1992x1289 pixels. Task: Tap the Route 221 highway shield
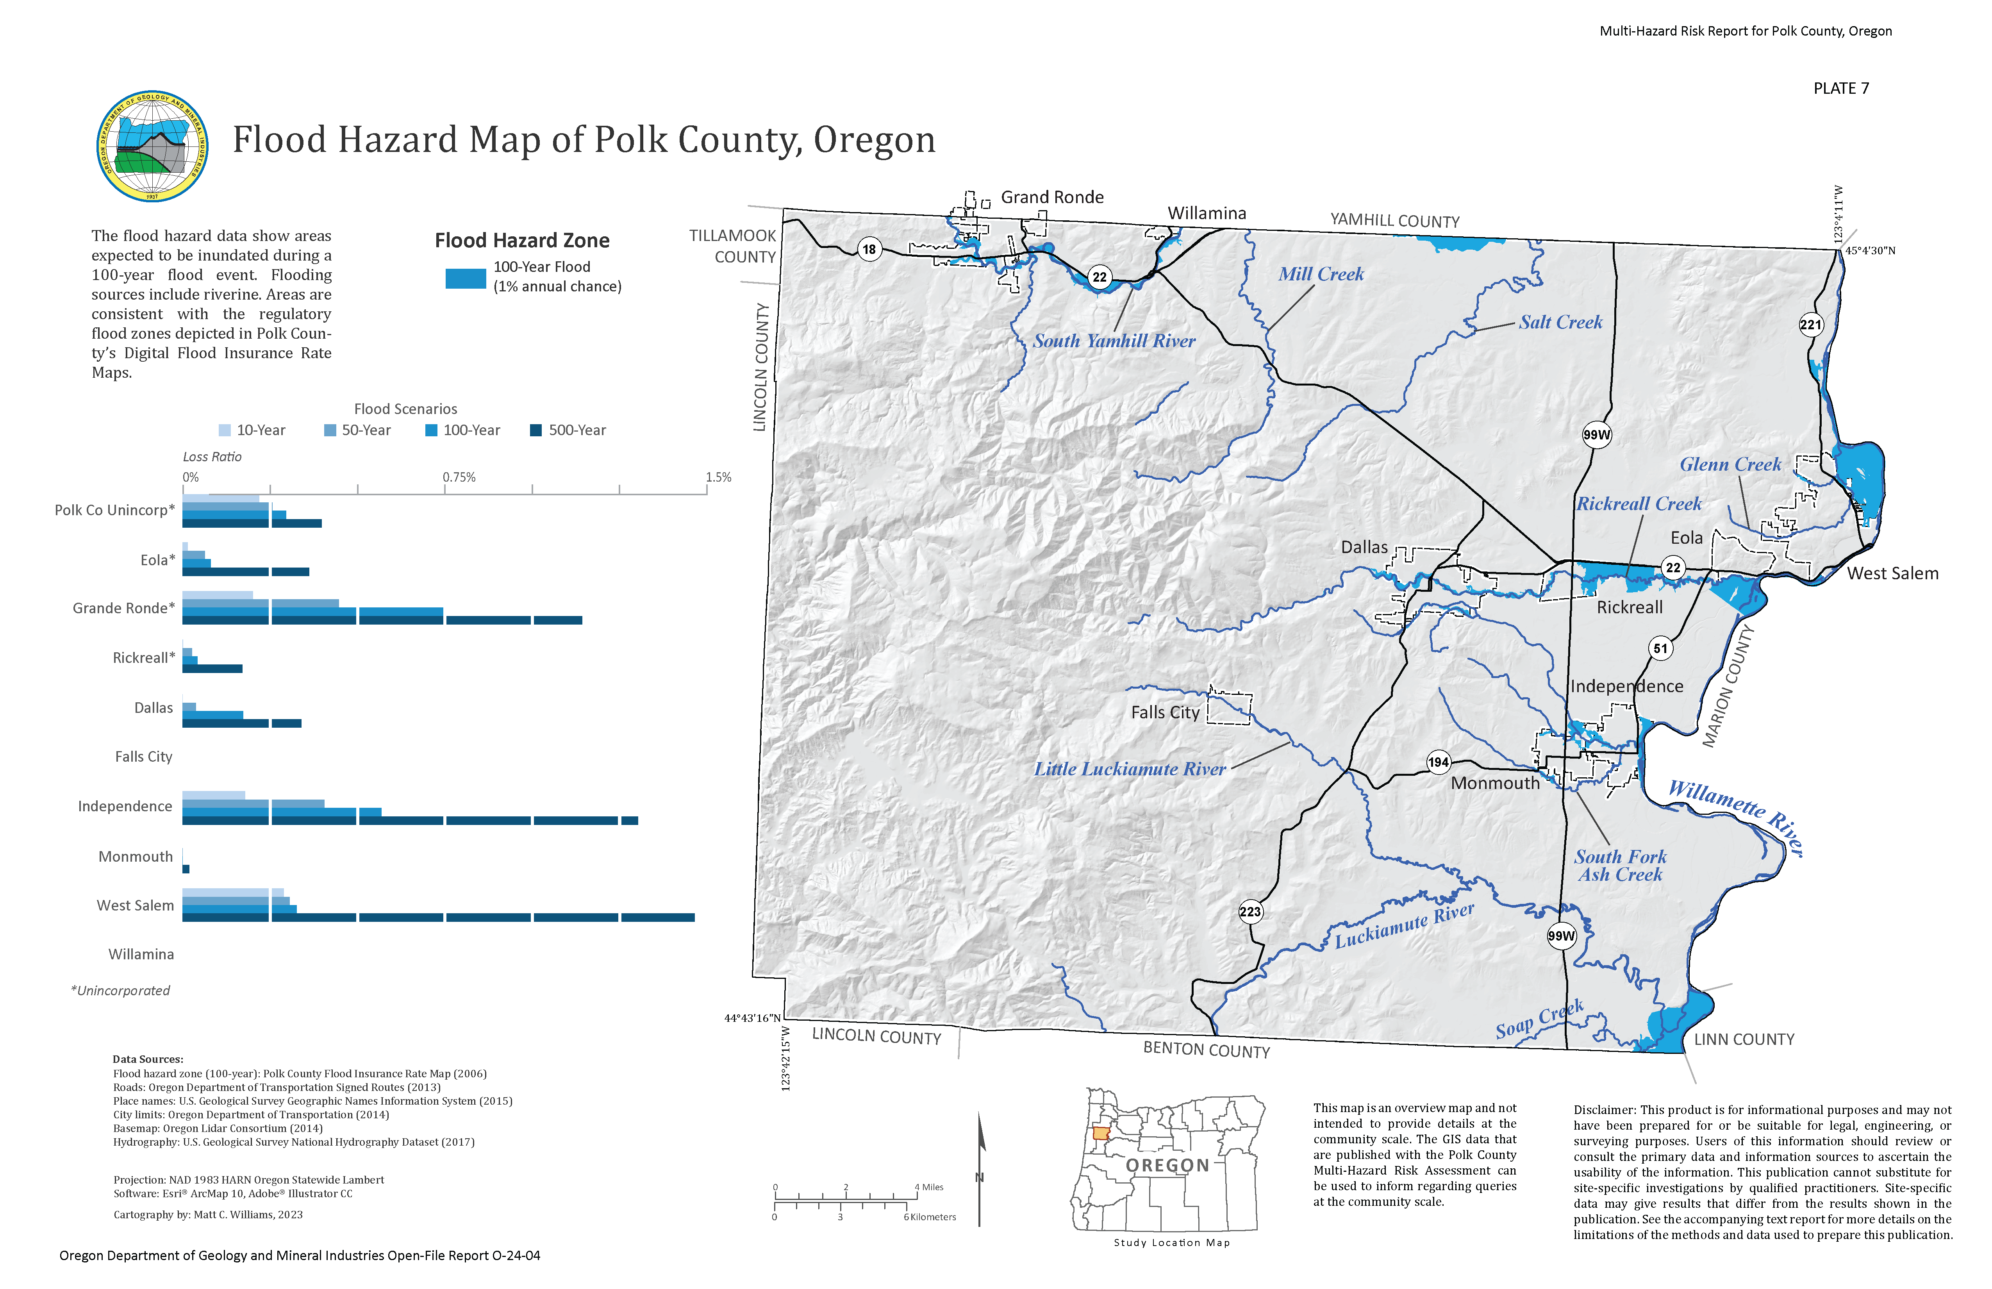[x=1810, y=325]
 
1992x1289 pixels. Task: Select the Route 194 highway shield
[x=1438, y=762]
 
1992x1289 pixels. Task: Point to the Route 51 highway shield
[x=1660, y=648]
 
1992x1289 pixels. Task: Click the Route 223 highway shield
[x=1249, y=912]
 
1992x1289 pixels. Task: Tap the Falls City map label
[x=1165, y=712]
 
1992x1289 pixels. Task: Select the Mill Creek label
[x=1321, y=275]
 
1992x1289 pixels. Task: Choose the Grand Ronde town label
[x=1052, y=198]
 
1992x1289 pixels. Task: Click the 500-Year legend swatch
[x=535, y=430]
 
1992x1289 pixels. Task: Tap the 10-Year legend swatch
[x=224, y=430]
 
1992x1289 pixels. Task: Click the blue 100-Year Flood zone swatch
[x=465, y=278]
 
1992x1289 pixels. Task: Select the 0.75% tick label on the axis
[x=459, y=477]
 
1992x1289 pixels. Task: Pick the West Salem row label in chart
[x=136, y=906]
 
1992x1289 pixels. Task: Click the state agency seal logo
[x=152, y=146]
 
